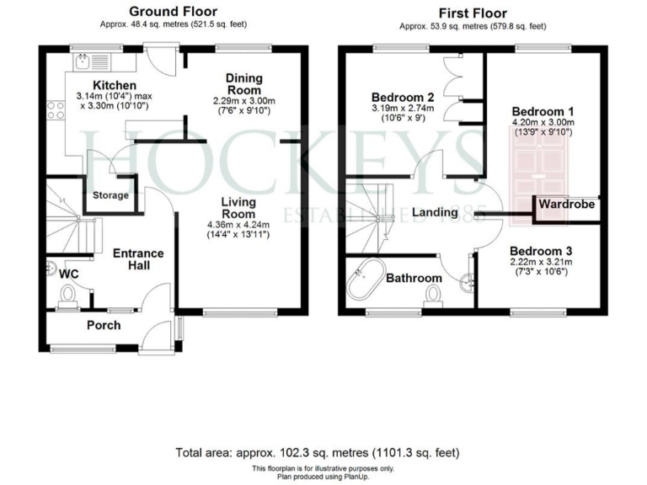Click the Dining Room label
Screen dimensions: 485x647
[243, 84]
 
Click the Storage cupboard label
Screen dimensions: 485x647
[111, 195]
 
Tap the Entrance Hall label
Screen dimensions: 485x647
[138, 260]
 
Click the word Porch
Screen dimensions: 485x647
[104, 325]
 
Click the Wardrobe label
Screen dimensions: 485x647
[567, 205]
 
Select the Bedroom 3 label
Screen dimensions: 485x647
[541, 251]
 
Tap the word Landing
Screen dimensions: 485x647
[435, 212]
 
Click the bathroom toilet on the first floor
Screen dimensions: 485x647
[436, 295]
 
